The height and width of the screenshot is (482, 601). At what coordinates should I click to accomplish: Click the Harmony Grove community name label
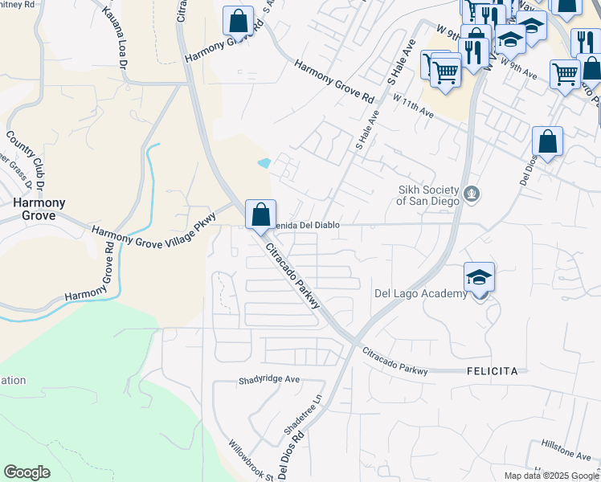(33, 209)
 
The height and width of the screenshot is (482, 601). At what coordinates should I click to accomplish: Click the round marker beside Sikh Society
(473, 193)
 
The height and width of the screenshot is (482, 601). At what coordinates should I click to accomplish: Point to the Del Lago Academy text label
(421, 293)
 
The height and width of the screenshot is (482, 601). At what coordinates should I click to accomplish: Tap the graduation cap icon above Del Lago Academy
(479, 277)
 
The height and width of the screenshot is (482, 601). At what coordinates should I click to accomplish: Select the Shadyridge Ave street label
(269, 379)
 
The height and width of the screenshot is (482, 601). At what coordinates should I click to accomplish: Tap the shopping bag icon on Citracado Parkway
(260, 215)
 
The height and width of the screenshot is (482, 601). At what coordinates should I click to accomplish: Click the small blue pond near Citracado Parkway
(264, 164)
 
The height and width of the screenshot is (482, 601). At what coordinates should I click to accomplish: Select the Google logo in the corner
(27, 472)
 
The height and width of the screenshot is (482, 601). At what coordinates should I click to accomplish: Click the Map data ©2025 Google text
(551, 476)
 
